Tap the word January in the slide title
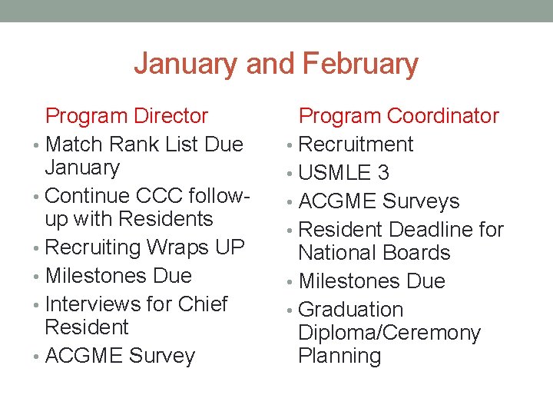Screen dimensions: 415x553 click(187, 64)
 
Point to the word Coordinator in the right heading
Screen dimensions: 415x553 click(443, 116)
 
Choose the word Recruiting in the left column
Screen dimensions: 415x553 click(93, 247)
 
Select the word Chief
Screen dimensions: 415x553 click(203, 304)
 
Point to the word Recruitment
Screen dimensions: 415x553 click(356, 144)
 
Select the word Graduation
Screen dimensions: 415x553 click(350, 310)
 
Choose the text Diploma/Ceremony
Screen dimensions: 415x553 click(389, 334)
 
